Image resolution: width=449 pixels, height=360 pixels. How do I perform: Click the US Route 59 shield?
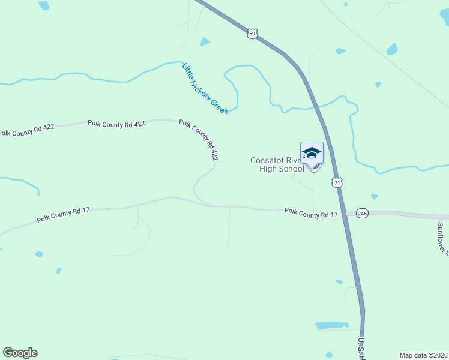tap(252, 34)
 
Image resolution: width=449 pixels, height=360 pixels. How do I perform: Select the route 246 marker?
tap(361, 213)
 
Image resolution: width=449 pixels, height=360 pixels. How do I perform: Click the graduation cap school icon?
tap(312, 154)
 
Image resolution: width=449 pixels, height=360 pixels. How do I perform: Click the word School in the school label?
tap(291, 169)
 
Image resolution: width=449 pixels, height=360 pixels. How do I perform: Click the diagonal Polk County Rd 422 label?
tap(198, 139)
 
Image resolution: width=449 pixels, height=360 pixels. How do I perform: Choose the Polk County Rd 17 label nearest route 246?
tap(311, 213)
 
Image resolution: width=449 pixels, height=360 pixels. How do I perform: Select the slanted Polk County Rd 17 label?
tap(63, 215)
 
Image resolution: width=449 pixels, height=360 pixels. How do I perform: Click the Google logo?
tap(20, 353)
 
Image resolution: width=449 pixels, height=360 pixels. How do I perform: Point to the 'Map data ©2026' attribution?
tap(423, 355)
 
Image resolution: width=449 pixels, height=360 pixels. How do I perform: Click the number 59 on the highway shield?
tap(252, 34)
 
